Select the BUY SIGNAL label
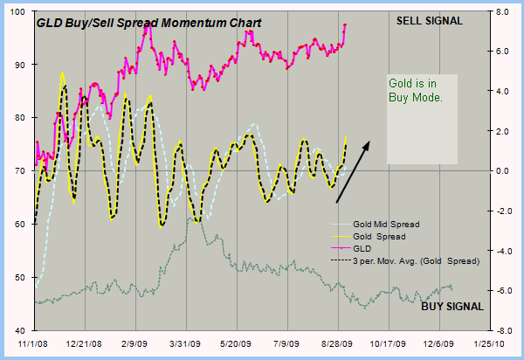coord(453,306)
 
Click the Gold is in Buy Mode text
coord(415,91)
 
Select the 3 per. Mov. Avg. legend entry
coord(414,260)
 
